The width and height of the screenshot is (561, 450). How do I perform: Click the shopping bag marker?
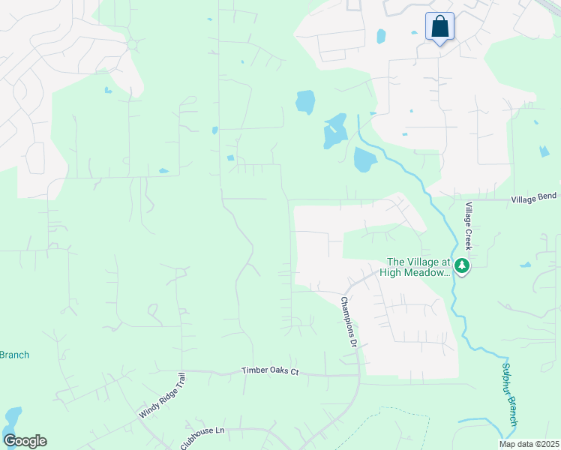[439, 27]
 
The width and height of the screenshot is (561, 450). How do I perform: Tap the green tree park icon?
[462, 265]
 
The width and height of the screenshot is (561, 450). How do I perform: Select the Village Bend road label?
[535, 199]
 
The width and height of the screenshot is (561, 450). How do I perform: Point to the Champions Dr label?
[347, 322]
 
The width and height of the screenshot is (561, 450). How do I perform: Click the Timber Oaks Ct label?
[270, 371]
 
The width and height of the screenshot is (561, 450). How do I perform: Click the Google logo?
[25, 440]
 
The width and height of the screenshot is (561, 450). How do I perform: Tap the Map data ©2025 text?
[528, 444]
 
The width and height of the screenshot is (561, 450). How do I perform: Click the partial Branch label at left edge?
[14, 355]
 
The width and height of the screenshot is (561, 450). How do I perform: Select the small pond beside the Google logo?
[13, 416]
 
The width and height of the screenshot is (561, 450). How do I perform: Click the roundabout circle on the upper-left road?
[132, 45]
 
